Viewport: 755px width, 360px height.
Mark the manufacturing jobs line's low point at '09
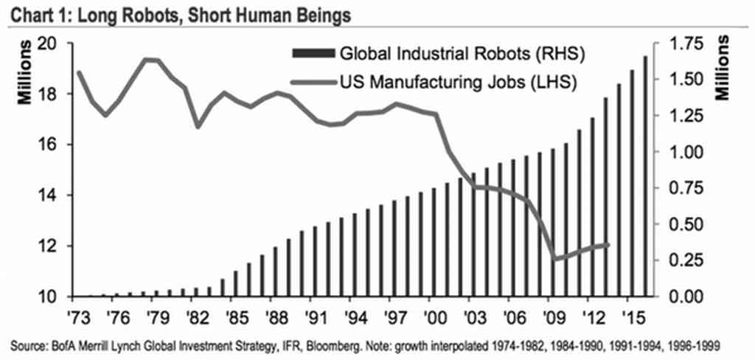tap(554, 260)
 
